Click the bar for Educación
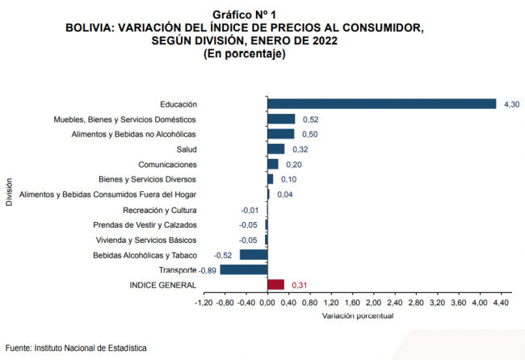(x=381, y=103)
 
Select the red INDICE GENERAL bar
(x=275, y=285)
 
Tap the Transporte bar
(x=243, y=270)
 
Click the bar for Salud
(x=275, y=149)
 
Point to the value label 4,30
(x=511, y=103)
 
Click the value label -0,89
(x=208, y=270)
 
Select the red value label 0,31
(x=298, y=285)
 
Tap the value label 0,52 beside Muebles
(x=309, y=119)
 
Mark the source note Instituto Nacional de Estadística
(x=90, y=347)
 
